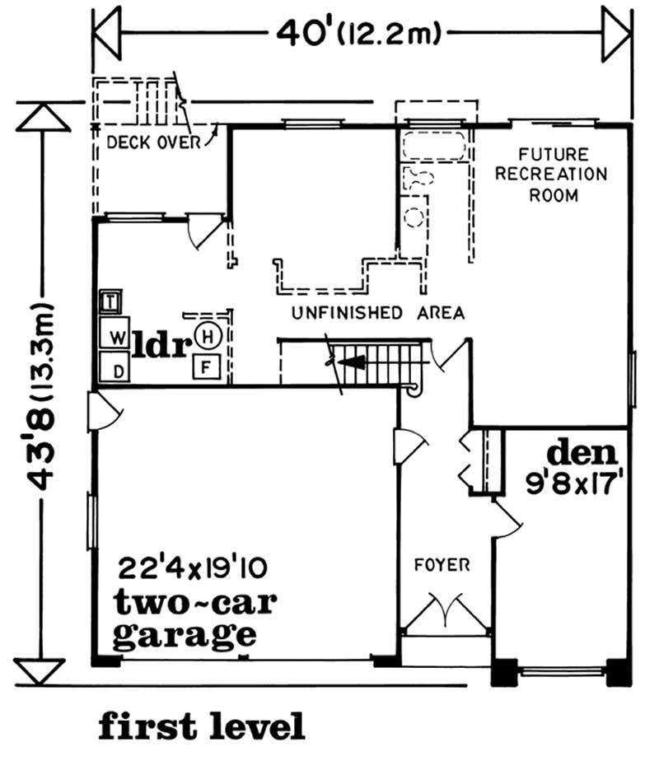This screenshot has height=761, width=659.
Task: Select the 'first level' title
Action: click(x=202, y=726)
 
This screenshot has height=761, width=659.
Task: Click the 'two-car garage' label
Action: click(x=185, y=620)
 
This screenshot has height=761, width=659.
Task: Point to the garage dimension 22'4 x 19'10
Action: click(x=190, y=568)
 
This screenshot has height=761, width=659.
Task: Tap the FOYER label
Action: click(x=443, y=565)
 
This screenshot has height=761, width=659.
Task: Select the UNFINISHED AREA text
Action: click(x=378, y=313)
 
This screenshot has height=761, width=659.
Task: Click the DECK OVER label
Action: click(x=154, y=142)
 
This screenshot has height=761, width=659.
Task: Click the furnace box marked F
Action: click(x=206, y=365)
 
